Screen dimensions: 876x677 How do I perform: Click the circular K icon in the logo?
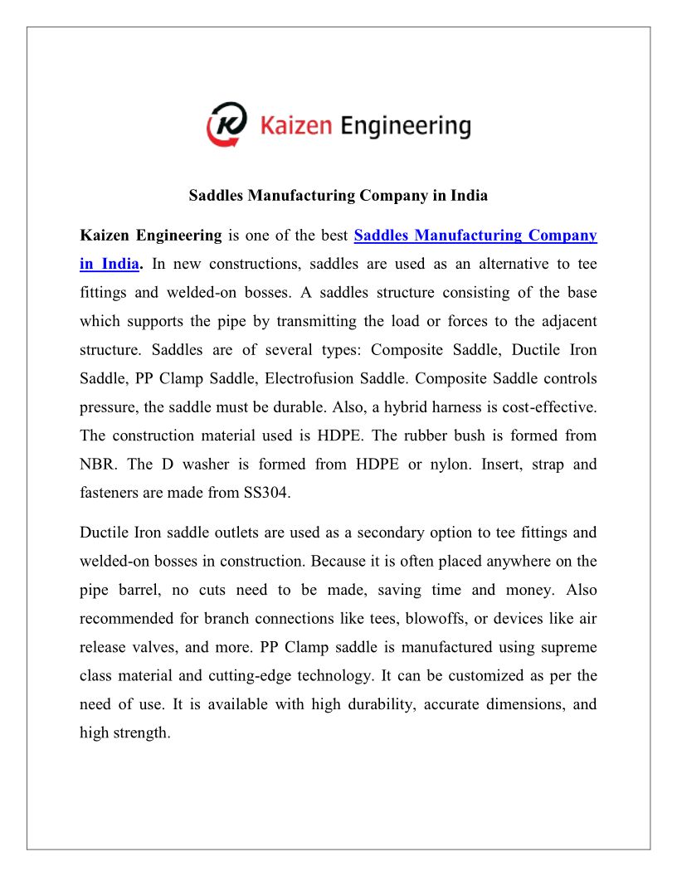coord(226,125)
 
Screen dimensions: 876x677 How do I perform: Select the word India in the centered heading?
coord(469,197)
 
